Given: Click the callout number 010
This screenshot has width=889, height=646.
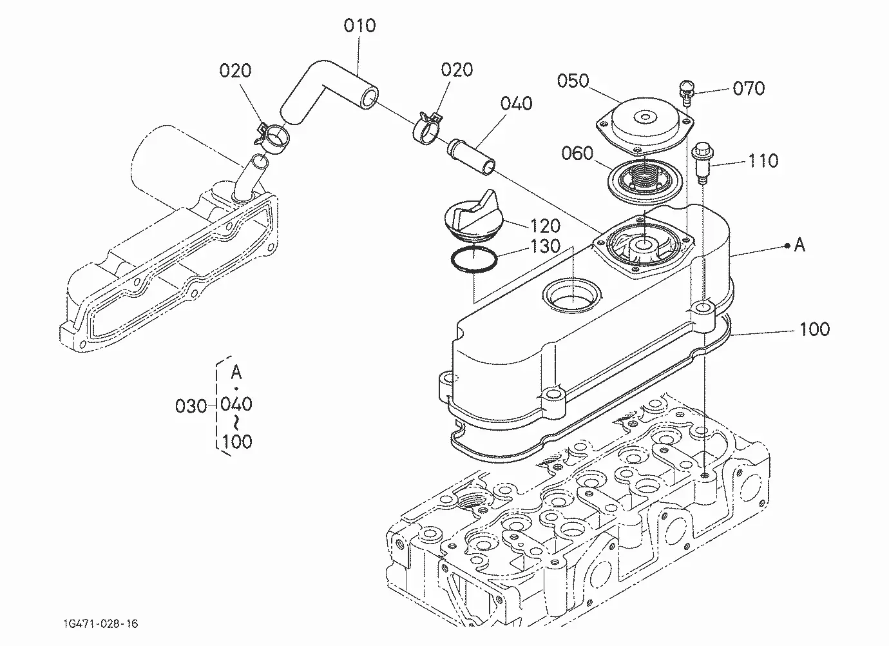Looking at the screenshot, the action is click(359, 26).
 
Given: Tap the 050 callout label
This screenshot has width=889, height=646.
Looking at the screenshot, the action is click(573, 81).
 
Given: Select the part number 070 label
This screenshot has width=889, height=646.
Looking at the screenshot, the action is click(749, 88).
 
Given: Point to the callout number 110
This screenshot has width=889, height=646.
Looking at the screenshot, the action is click(763, 161).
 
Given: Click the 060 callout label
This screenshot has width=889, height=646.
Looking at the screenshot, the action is click(577, 153).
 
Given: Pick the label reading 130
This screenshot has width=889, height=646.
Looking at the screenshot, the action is click(545, 247).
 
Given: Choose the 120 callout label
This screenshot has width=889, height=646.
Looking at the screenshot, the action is click(545, 226).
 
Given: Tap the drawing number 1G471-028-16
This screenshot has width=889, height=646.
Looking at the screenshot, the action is click(100, 624).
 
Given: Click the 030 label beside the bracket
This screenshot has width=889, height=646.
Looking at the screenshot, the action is click(191, 406).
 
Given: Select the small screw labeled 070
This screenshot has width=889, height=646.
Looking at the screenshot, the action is click(687, 93).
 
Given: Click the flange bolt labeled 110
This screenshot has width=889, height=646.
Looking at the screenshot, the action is click(702, 162).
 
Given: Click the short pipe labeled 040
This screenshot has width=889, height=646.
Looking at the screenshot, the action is click(471, 157).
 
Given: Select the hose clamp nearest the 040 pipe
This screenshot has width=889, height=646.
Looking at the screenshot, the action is click(428, 129).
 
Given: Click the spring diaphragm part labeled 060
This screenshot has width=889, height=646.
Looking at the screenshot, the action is click(644, 180).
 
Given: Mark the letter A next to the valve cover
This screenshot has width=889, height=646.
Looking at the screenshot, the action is click(799, 245).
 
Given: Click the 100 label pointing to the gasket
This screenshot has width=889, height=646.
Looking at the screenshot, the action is click(814, 329).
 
